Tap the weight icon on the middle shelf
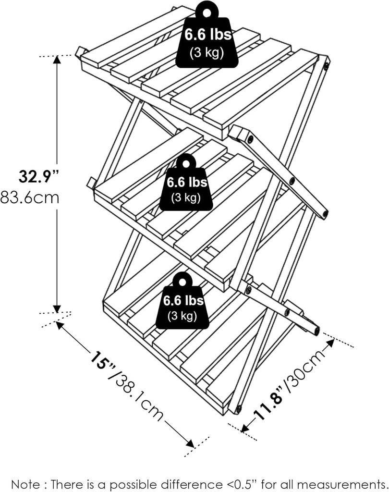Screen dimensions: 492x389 [x=187, y=184]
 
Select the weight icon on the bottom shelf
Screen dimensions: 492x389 [x=182, y=303]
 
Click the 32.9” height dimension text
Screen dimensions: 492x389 [x=38, y=177]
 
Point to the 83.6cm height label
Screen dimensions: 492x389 [x=30, y=197]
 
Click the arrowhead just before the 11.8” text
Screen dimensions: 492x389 [x=245, y=427]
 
